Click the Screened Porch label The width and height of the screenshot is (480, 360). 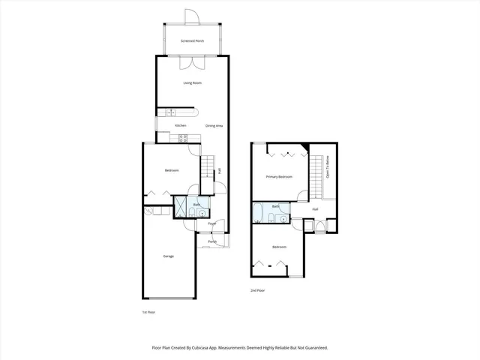(x=193, y=40)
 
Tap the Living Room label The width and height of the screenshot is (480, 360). (x=193, y=82)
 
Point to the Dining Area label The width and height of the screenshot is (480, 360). (x=214, y=125)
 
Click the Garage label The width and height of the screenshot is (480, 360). (x=169, y=256)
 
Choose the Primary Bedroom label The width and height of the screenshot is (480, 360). (x=279, y=177)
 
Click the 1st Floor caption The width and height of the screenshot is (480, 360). (x=148, y=311)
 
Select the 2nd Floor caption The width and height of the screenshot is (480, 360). (x=258, y=290)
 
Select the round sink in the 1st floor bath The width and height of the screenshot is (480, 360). (x=200, y=213)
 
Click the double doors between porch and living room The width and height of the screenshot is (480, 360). (x=193, y=63)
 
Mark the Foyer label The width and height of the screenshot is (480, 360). (x=212, y=223)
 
